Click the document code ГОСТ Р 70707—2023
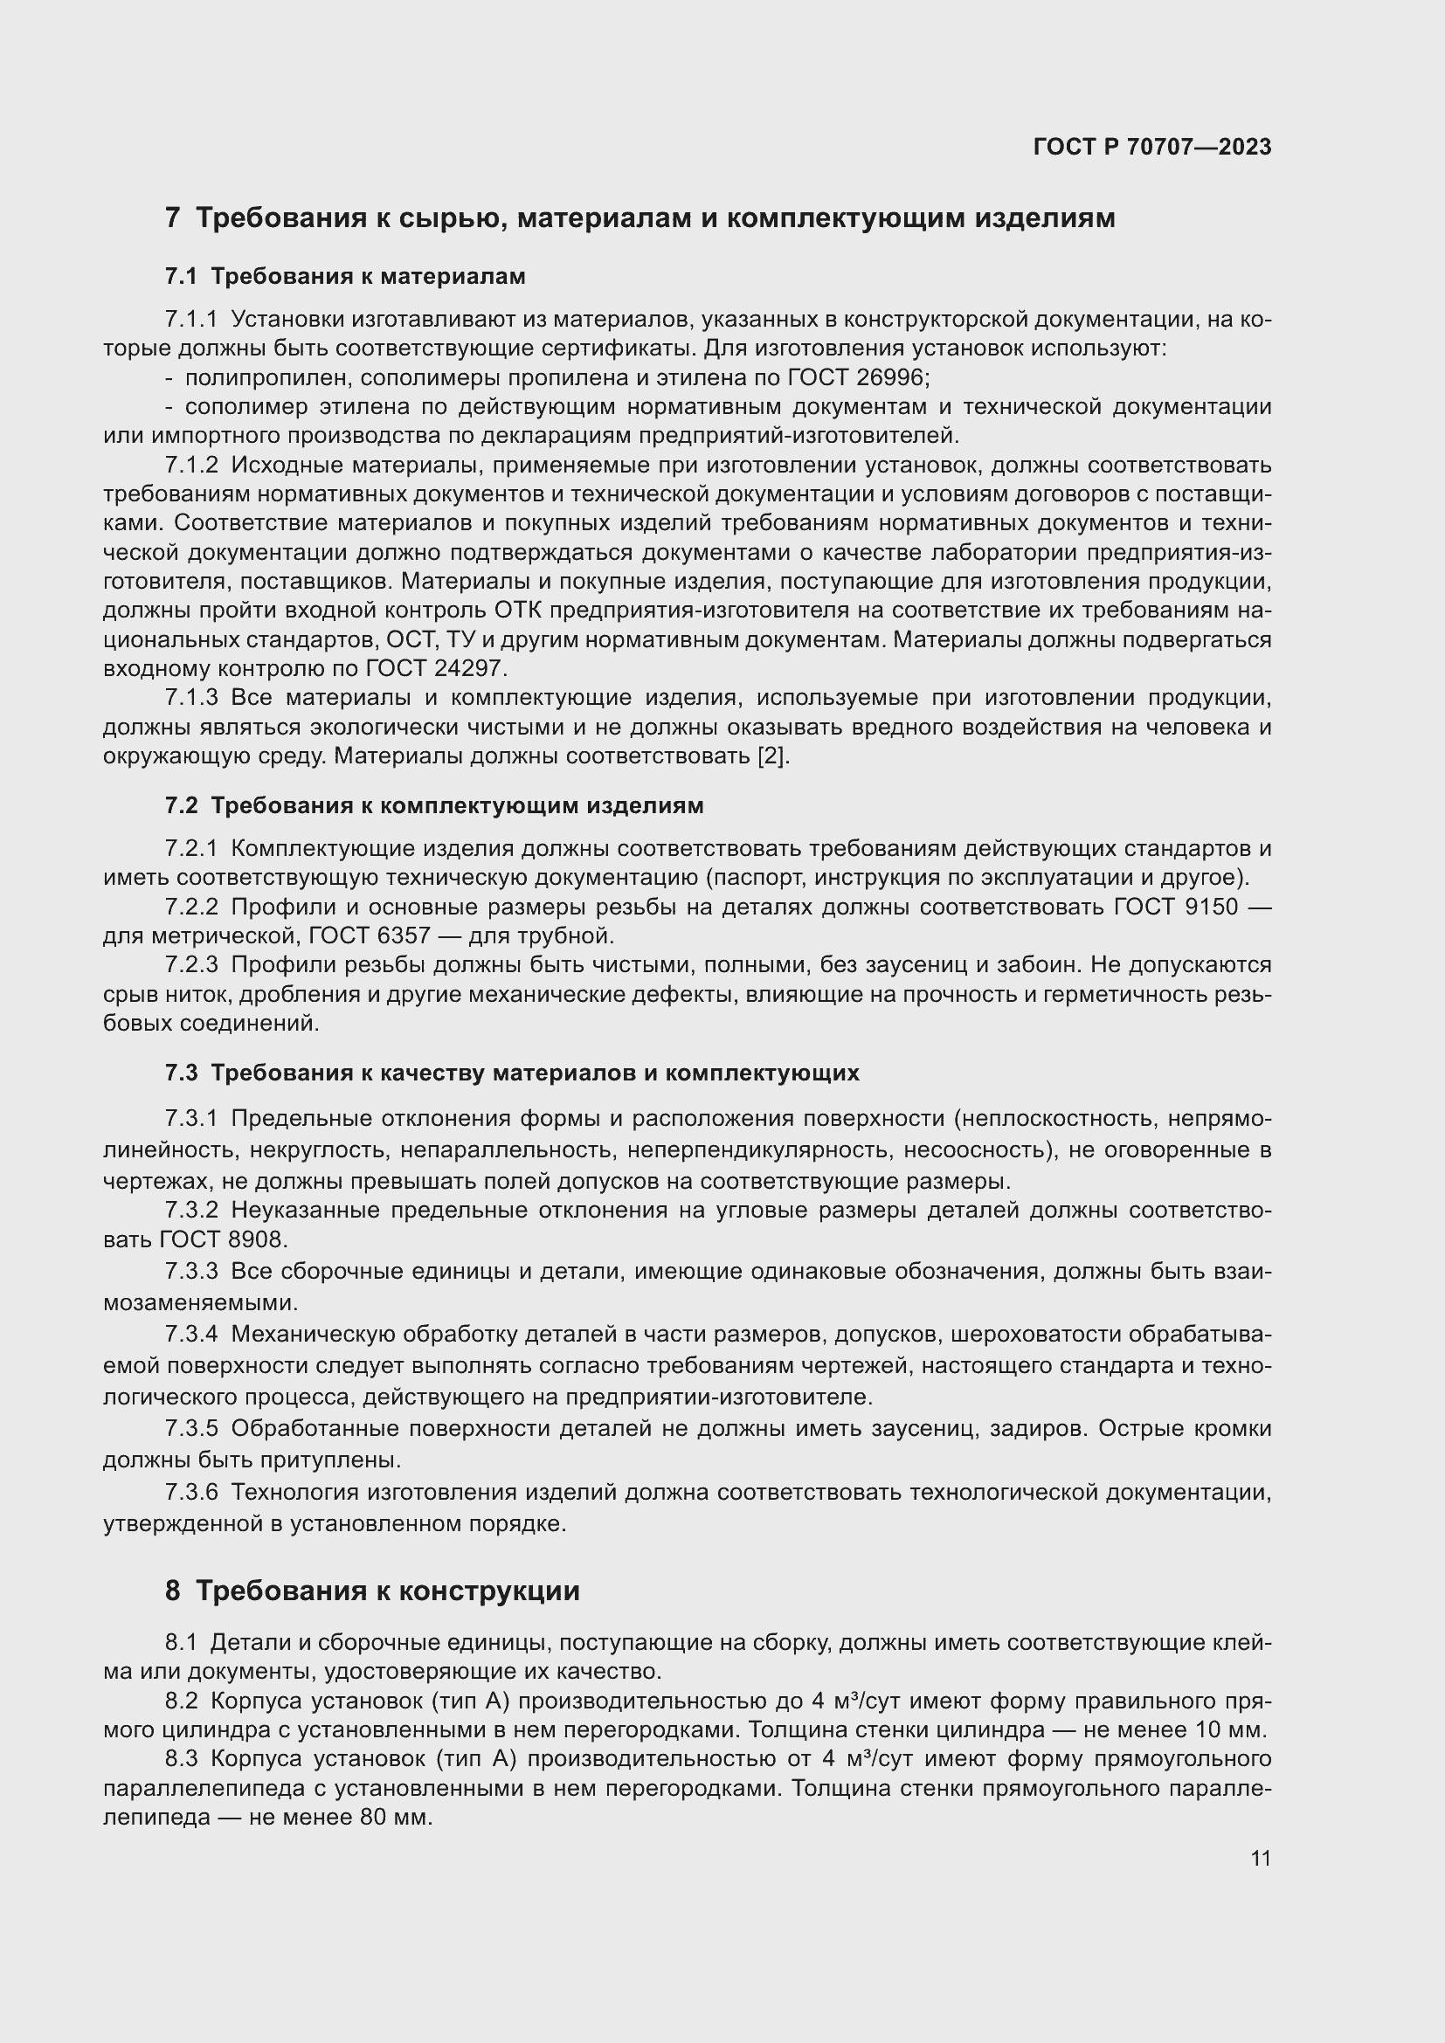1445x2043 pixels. [1152, 148]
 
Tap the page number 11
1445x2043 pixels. [1260, 1859]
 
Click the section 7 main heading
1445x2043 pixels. [640, 218]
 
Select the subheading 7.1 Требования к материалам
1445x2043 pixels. [345, 277]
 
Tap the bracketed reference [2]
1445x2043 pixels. [772, 756]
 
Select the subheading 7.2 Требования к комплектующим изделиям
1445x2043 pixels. [434, 806]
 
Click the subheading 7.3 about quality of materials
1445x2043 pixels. [512, 1073]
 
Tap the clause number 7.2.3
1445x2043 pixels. [191, 965]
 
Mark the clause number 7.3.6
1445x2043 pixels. [191, 1492]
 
